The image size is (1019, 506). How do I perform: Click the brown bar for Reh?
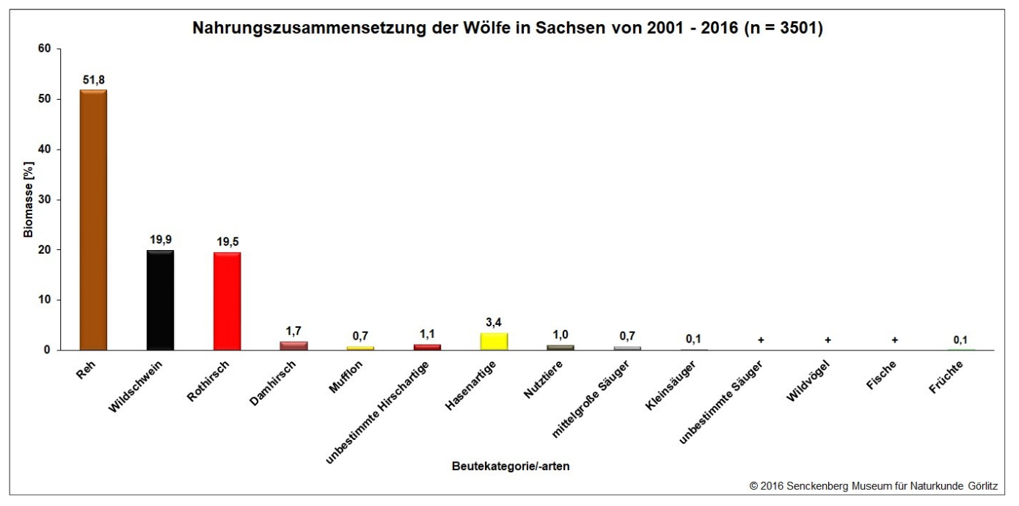coord(93,220)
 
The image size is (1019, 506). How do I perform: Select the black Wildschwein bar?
coord(160,300)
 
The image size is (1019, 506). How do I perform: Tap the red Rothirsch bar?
coord(227,301)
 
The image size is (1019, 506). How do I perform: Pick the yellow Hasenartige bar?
coord(494,341)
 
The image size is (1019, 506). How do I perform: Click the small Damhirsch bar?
coord(293,345)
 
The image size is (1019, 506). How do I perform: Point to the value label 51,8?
coord(93,79)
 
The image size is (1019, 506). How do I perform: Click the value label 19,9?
coord(160,240)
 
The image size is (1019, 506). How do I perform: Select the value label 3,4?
coord(494,322)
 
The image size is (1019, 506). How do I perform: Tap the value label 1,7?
coord(293,331)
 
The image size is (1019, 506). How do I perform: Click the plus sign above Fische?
coord(895,340)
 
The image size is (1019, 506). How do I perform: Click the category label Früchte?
coord(947,376)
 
